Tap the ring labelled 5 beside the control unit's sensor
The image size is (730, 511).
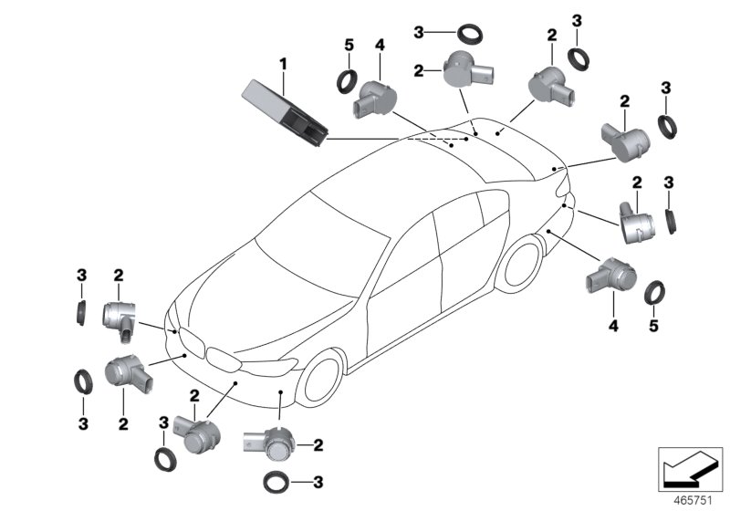pos(348,81)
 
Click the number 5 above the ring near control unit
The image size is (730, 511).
pos(348,46)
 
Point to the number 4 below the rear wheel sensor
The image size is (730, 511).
pos(613,325)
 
